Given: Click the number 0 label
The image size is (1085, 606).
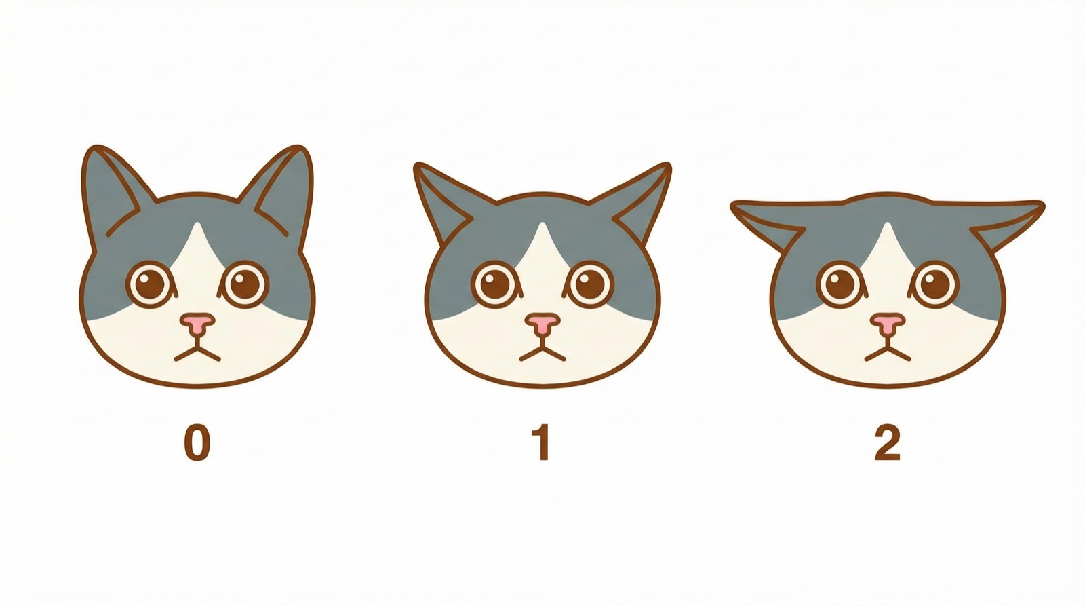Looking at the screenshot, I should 197,444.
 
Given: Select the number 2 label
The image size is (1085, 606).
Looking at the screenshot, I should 887,444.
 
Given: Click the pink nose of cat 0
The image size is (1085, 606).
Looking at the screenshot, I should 197,323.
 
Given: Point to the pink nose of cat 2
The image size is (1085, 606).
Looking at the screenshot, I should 888,323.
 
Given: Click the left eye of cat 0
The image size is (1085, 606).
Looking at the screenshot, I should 150,284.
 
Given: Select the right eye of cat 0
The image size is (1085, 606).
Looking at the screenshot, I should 245,284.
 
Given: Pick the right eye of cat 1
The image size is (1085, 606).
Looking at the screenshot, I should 591,284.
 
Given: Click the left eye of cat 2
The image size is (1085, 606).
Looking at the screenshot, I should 841,284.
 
